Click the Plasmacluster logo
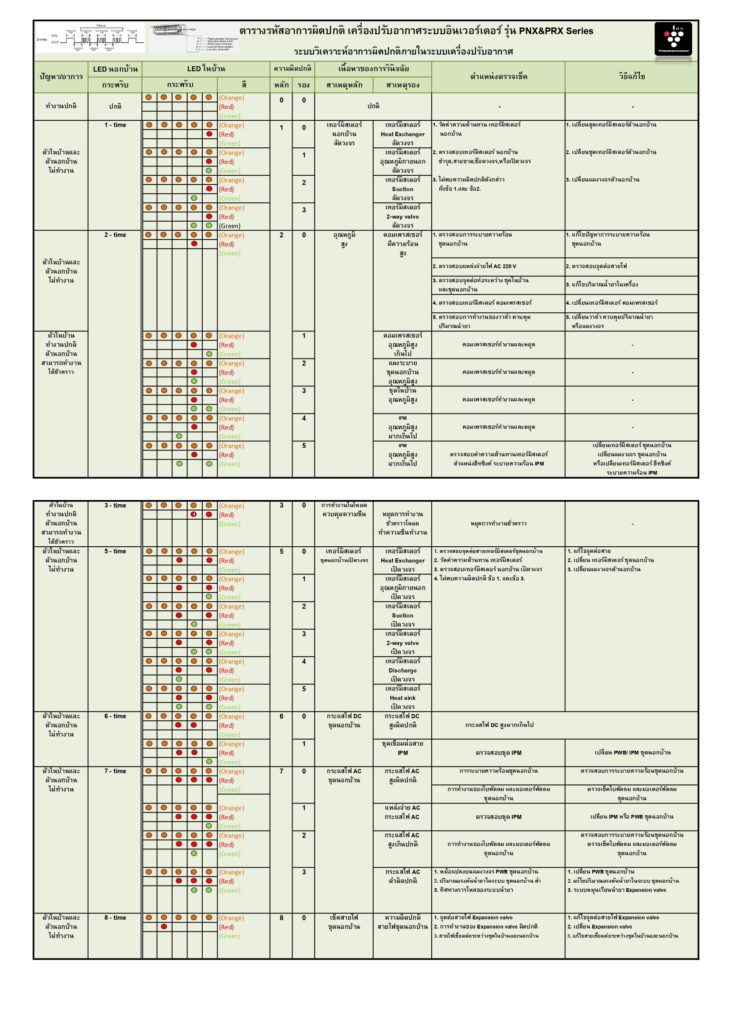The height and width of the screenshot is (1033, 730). (673, 39)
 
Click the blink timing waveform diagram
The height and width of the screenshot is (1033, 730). (90, 38)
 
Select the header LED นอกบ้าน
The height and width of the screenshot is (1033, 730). (115, 69)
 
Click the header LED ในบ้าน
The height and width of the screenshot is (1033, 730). (206, 69)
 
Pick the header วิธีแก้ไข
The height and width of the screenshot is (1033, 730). (631, 77)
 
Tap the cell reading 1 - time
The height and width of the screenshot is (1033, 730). (115, 125)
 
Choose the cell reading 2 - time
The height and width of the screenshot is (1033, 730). (115, 235)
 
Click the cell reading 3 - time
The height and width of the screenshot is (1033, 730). (115, 505)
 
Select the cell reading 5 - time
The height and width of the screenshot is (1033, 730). (115, 551)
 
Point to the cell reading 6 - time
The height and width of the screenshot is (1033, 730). (115, 716)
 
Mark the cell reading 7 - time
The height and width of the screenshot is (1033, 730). (115, 771)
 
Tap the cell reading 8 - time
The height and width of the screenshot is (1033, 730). (115, 917)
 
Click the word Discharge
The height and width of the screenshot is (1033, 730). (402, 670)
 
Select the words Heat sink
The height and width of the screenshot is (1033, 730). (402, 698)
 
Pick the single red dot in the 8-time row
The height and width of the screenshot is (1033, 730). (164, 926)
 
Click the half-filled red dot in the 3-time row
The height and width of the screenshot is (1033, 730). (194, 514)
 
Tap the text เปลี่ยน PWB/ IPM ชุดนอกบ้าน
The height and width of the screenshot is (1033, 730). (632, 752)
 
